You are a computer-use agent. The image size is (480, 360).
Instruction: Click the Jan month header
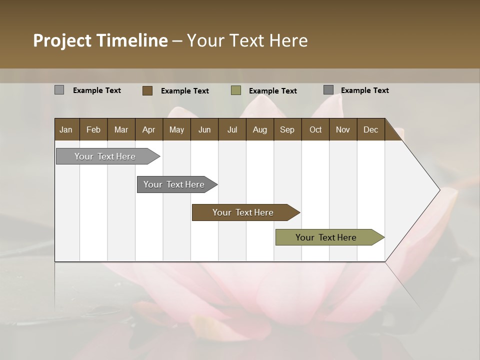tap(66, 129)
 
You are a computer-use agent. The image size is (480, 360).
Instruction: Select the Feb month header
tap(93, 129)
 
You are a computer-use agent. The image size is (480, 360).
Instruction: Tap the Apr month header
tap(148, 129)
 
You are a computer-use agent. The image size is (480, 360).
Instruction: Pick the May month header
tap(176, 129)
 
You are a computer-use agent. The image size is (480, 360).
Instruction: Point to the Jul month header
tap(232, 129)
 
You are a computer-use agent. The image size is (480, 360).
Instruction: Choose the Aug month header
tap(259, 129)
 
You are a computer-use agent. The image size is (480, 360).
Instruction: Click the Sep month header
tap(287, 129)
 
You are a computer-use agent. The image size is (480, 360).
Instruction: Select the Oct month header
tap(315, 129)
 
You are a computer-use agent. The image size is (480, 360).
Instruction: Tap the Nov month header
tap(342, 129)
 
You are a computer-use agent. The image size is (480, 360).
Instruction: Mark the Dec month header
tap(370, 129)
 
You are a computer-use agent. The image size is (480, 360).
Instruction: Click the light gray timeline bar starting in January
tap(105, 156)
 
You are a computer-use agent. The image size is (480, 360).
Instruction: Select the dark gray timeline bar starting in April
tap(174, 184)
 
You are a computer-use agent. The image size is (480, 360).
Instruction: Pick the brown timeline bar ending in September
tap(243, 212)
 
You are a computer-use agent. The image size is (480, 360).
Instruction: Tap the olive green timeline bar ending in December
tap(326, 237)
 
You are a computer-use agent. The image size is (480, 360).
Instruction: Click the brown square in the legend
tap(147, 90)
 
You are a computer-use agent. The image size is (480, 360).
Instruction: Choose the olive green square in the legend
tap(236, 90)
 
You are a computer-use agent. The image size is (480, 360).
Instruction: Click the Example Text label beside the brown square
tap(185, 91)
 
